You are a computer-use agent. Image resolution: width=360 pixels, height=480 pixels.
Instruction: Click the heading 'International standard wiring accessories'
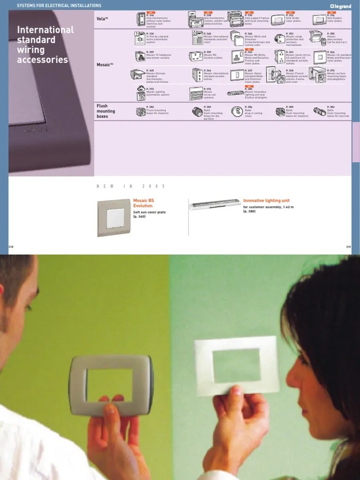coord(45,45)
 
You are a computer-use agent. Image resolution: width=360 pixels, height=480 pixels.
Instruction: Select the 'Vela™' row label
coord(102,19)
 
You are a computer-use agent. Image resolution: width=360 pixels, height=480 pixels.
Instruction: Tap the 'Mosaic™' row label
coord(105,65)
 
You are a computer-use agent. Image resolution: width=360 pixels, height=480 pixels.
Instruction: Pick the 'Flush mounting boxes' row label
coord(105,111)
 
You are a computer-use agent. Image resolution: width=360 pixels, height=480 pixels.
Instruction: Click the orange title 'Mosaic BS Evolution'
coord(143,203)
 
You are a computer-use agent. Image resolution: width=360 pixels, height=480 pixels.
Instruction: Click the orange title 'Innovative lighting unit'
coord(266,201)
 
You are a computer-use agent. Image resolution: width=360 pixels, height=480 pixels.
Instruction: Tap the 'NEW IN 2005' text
coord(131,187)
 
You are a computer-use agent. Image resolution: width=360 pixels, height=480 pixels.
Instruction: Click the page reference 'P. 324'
coord(150,15)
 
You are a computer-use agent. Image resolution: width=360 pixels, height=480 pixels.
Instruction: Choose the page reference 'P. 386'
coord(331,107)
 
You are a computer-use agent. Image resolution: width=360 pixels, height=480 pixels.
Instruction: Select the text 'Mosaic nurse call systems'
coord(209,95)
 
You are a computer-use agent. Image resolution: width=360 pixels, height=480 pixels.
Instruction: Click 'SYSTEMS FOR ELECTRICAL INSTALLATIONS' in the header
coord(59,5)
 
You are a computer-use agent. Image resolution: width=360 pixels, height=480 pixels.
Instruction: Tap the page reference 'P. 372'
coord(150,89)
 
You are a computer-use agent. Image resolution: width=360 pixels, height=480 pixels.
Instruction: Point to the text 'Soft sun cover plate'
coord(149,212)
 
